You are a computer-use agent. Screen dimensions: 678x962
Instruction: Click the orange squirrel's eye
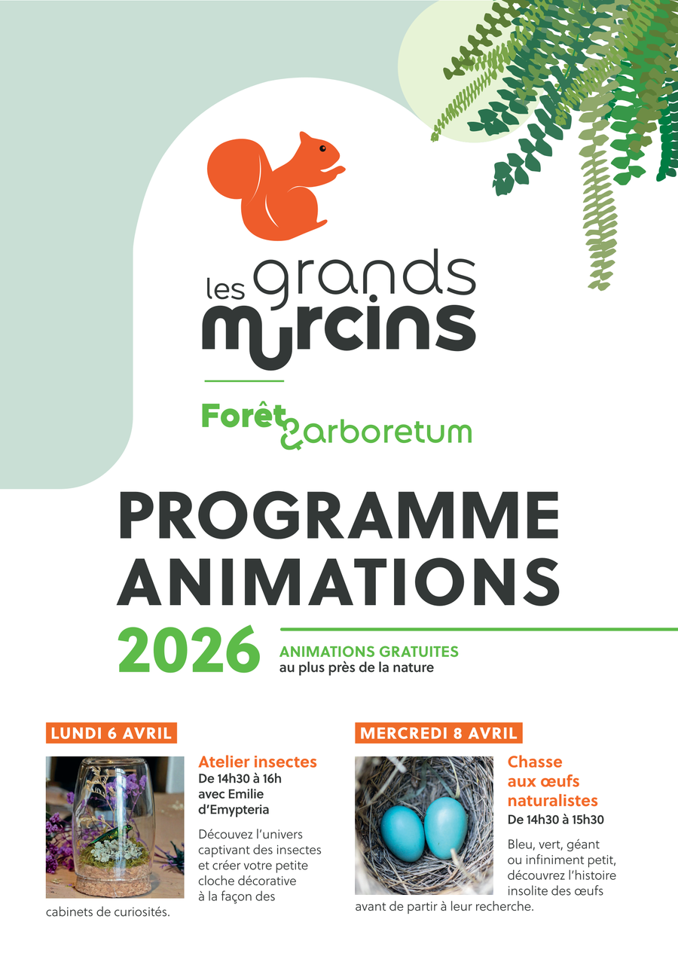(x=322, y=148)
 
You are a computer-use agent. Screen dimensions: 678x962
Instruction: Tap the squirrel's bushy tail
(x=234, y=169)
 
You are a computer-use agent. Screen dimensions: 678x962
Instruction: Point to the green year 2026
(x=189, y=649)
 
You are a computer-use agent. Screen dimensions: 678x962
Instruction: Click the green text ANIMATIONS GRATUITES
(x=369, y=652)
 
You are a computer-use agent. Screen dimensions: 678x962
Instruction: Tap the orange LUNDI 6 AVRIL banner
(x=111, y=733)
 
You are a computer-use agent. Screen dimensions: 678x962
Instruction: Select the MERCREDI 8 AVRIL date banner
(x=438, y=733)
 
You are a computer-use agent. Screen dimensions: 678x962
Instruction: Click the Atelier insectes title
(x=258, y=762)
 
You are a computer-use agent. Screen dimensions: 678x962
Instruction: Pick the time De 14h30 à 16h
(x=240, y=779)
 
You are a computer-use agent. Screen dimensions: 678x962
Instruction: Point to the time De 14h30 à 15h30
(x=556, y=820)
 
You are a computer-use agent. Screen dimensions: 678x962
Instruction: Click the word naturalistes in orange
(x=553, y=801)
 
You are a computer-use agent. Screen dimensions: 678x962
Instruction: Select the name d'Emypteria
(x=234, y=810)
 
